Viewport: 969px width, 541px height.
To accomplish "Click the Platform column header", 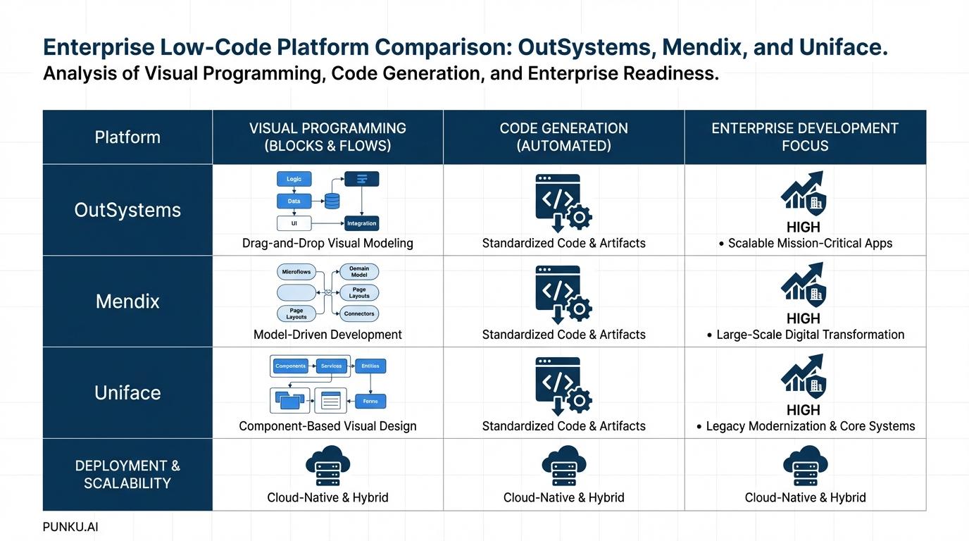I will (127, 137).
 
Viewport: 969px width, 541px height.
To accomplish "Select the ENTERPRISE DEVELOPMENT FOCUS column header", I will (805, 137).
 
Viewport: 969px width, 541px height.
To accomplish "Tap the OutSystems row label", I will (127, 210).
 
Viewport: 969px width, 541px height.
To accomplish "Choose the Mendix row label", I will (127, 301).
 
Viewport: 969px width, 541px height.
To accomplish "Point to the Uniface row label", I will (127, 393).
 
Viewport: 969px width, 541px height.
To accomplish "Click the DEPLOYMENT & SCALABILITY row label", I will (127, 475).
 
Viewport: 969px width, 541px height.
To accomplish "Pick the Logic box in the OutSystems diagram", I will (294, 179).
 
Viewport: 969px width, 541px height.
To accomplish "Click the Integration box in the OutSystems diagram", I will (361, 223).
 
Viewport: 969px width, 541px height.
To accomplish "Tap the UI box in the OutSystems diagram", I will (294, 223).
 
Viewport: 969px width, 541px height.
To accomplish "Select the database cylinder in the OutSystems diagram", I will (332, 201).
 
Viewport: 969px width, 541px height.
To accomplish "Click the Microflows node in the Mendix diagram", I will (296, 272).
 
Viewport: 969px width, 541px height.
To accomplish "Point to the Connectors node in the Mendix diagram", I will (359, 314).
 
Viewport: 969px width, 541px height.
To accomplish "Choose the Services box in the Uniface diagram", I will (331, 366).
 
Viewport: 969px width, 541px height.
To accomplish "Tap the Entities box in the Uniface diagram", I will (370, 366).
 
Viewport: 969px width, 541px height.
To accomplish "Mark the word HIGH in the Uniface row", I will (804, 410).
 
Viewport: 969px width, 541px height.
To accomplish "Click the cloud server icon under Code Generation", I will (563, 466).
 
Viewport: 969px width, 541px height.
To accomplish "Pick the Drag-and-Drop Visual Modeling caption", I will (327, 244).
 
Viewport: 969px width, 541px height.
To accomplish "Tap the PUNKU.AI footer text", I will (70, 527).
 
